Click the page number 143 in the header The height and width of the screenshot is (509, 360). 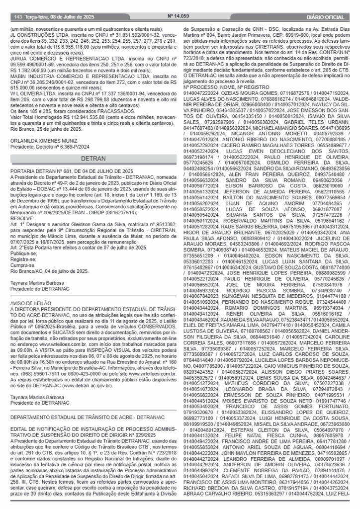click(17, 16)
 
